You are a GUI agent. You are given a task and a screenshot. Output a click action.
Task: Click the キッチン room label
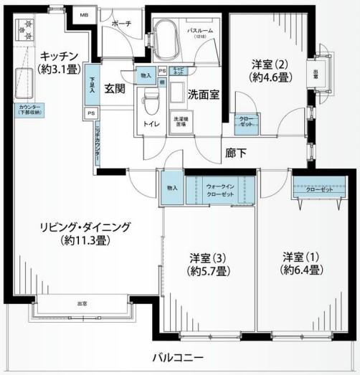(x=59, y=56)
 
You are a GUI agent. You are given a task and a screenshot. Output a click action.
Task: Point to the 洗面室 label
(x=204, y=94)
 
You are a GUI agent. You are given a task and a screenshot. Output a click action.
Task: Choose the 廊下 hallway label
(x=235, y=152)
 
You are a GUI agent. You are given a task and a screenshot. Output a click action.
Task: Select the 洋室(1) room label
(x=300, y=264)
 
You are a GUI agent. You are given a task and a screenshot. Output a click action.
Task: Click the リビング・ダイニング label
(x=85, y=234)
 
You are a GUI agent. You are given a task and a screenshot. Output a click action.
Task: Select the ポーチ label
(x=121, y=24)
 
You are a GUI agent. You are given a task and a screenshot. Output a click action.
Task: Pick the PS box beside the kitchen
(x=91, y=113)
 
